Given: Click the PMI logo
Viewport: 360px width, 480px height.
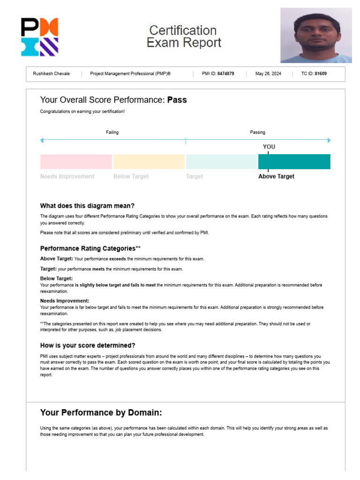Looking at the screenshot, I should click(x=40, y=37).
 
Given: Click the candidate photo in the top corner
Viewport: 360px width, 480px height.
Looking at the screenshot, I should click(x=316, y=35).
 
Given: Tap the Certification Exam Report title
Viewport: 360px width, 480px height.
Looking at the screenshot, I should click(x=183, y=37).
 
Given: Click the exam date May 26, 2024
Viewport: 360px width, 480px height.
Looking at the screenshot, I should click(x=268, y=74).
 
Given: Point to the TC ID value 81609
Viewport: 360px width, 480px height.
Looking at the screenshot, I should click(x=321, y=74).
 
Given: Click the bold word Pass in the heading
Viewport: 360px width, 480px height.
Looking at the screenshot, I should click(x=177, y=100).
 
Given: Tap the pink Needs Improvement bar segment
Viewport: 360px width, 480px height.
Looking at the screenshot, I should click(x=76, y=162).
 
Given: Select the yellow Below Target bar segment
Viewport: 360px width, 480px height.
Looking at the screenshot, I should click(x=149, y=162).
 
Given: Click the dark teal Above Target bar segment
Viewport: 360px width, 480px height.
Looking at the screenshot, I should click(x=294, y=162).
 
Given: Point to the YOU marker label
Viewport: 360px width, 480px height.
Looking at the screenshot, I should click(x=269, y=147).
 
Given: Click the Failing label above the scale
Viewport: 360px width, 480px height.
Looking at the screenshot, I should click(x=112, y=132).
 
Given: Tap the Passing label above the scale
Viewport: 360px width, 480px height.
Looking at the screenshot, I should click(x=257, y=132).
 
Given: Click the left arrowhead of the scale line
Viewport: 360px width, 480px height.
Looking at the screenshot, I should click(x=42, y=140).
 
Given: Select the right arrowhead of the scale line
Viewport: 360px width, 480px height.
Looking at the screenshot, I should click(x=329, y=140).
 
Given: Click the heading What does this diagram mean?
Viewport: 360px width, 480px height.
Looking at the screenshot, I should click(x=87, y=206).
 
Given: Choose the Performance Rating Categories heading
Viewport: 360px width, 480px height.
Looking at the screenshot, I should click(x=90, y=248).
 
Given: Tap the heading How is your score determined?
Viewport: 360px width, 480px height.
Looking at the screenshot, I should click(x=88, y=345).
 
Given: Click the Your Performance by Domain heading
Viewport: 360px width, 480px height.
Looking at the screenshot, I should click(x=101, y=413).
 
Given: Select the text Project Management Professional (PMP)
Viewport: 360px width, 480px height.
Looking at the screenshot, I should click(x=130, y=74).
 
